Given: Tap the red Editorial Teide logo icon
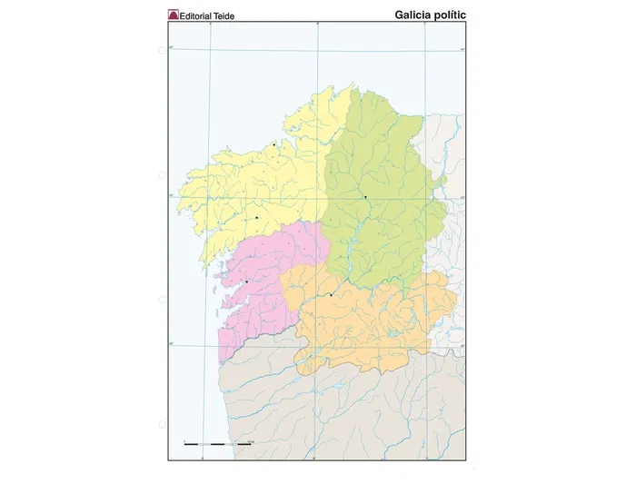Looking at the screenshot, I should click(174, 15).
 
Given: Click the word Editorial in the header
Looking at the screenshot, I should click(201, 15).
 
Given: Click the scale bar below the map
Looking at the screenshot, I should click(218, 442).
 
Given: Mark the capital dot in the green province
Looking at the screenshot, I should click(365, 196).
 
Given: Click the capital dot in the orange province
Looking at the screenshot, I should click(332, 294).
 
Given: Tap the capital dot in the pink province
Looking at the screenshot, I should click(246, 282).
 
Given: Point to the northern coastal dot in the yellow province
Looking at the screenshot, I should click(273, 144).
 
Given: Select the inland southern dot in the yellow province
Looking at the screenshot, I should click(257, 217).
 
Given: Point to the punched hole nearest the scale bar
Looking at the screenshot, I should click(163, 422).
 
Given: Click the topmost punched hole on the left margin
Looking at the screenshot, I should click(163, 51).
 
